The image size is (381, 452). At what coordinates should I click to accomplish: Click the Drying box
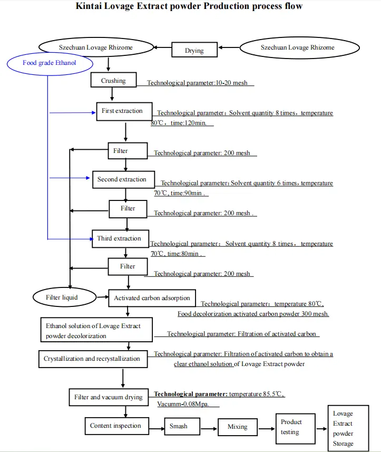coord(194,51)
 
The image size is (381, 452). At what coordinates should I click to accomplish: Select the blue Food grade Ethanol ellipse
coord(50,63)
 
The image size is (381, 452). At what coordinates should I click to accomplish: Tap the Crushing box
coord(113,81)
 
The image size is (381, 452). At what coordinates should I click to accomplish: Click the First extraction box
coord(124,111)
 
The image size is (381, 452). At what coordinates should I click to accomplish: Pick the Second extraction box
coord(123,180)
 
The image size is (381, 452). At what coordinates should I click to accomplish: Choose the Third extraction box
coord(119,239)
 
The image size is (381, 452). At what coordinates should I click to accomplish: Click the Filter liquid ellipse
coord(62,297)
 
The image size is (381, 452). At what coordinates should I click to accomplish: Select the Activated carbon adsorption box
coord(152,298)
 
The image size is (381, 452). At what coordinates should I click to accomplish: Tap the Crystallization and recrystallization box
coord(92,359)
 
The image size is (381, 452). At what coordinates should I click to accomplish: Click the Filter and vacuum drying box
coord(108,397)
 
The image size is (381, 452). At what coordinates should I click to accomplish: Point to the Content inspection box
coord(115,426)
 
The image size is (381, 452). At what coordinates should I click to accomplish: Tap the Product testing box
coord(291,427)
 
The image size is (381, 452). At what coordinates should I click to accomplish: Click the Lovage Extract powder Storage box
coord(344,428)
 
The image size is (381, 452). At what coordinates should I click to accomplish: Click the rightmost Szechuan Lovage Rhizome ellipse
coord(297,47)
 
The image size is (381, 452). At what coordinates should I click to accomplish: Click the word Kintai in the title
coord(92,7)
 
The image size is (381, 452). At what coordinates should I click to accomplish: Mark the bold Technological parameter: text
coord(191,394)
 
